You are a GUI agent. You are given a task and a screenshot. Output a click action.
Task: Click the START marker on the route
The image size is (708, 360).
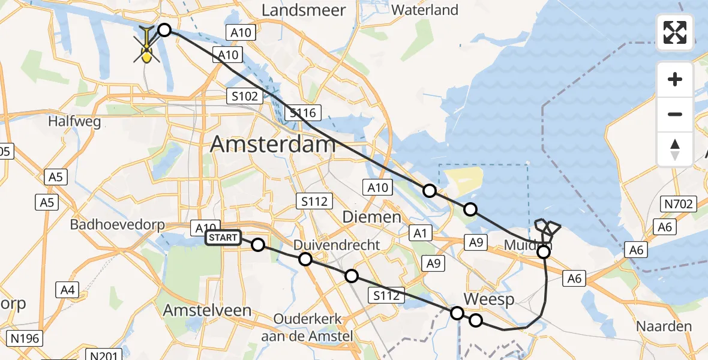coord(224,238)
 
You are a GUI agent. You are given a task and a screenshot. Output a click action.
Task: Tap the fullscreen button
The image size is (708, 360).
coord(675,32)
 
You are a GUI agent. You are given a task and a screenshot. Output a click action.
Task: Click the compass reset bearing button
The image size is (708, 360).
coord(675,149)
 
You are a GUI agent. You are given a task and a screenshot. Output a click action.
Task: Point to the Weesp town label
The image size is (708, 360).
coord(488,300)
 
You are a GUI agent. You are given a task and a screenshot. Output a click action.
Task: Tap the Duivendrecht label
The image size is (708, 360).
coord(336,245)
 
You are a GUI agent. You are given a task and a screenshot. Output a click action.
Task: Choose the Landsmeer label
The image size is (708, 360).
coord(304,10)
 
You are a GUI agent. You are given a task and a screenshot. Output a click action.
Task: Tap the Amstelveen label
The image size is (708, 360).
coord(207,310)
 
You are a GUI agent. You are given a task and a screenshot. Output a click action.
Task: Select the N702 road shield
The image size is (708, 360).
coord(679,204)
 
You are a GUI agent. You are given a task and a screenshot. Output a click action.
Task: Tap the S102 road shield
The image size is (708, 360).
coord(243,96)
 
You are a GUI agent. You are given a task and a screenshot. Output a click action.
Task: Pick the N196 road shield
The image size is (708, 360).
coord(25,338)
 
